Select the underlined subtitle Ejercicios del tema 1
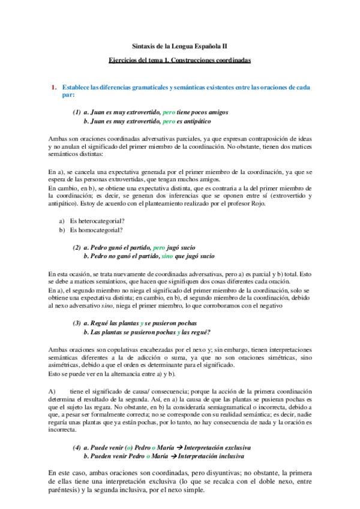pyautogui.click(x=179, y=61)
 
